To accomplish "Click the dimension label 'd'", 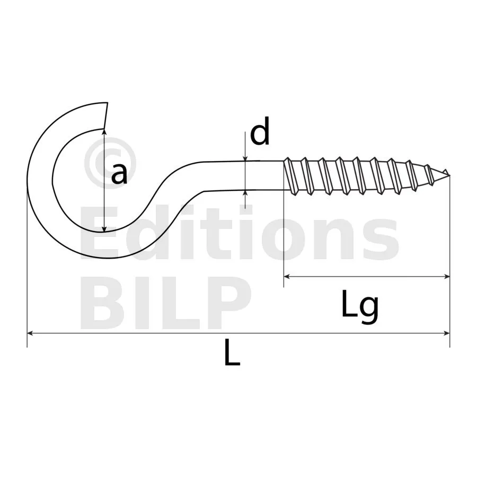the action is (x=260, y=131).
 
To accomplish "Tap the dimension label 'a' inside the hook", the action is (x=119, y=174).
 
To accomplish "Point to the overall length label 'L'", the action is (x=232, y=352).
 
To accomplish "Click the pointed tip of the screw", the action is (x=449, y=175).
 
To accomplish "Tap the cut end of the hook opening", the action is (x=106, y=116).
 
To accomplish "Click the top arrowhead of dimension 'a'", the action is (x=104, y=131).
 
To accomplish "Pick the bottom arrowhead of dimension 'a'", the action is (x=104, y=229).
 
